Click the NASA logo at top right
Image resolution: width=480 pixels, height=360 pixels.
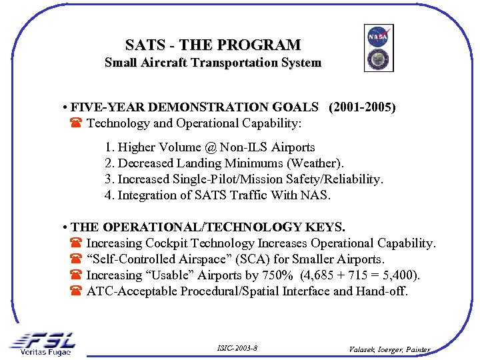coord(378,37)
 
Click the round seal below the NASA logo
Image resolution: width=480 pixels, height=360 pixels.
coord(378,59)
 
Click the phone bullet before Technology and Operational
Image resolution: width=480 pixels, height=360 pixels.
coord(75,123)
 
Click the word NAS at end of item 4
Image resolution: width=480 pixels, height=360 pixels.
coord(317,195)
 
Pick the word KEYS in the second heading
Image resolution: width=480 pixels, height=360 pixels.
coord(341,227)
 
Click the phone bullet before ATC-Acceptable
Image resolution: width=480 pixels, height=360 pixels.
coord(75,291)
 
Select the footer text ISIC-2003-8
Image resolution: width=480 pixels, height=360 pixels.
coord(237,349)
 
